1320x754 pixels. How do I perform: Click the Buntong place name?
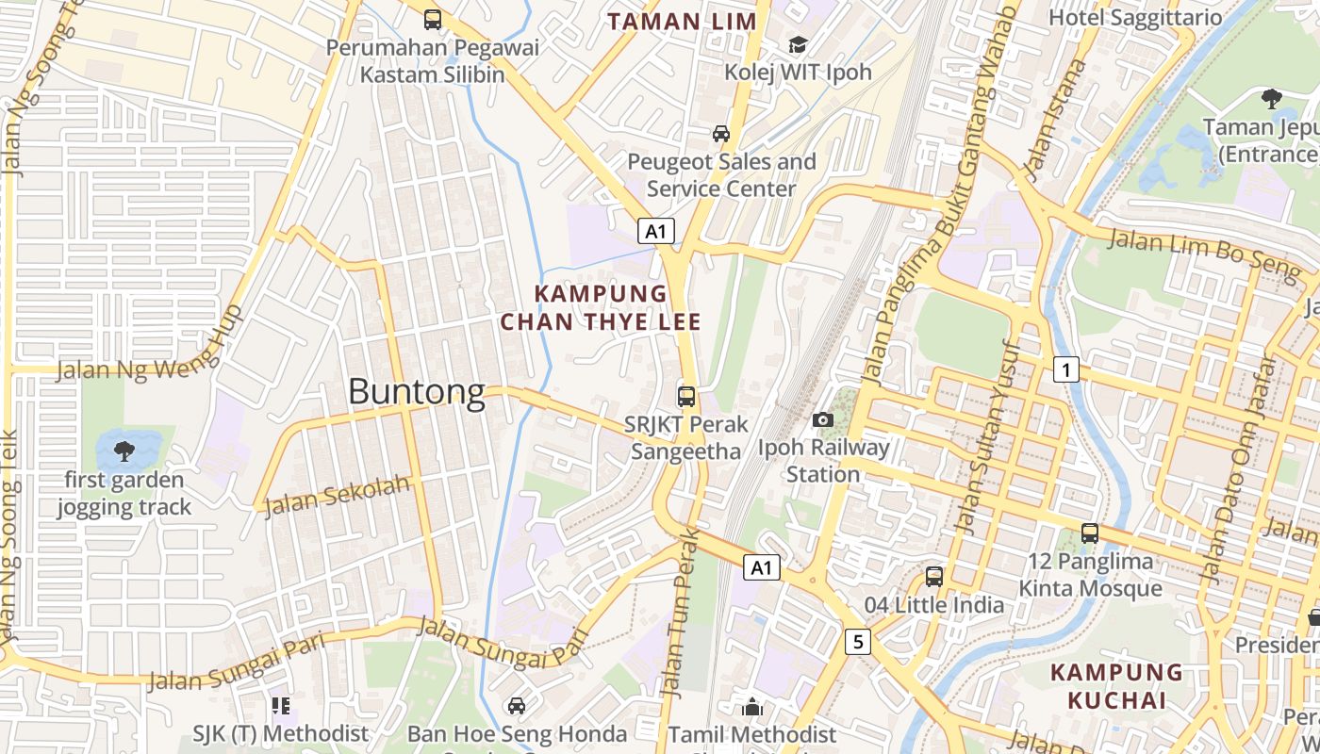tap(416, 391)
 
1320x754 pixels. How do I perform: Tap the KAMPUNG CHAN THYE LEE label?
tap(601, 308)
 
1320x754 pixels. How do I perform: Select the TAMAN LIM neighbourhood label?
tap(682, 22)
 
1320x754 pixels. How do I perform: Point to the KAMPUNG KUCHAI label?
tap(1116, 686)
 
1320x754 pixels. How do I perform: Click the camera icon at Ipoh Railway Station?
tap(823, 419)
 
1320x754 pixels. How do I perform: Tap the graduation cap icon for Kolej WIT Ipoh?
tap(798, 45)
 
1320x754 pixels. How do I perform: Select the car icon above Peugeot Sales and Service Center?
tap(721, 134)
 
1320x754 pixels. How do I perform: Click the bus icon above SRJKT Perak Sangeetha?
tap(686, 397)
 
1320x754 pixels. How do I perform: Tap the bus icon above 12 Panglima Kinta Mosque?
tap(1090, 533)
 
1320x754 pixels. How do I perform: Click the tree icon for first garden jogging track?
tap(124, 452)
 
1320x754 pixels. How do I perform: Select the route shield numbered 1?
tap(1065, 369)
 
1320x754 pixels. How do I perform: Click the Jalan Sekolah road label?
tap(338, 496)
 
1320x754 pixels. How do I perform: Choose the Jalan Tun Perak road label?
tap(681, 613)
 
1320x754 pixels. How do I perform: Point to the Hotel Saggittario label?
tap(1135, 18)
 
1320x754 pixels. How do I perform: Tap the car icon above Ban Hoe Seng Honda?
tap(517, 706)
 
